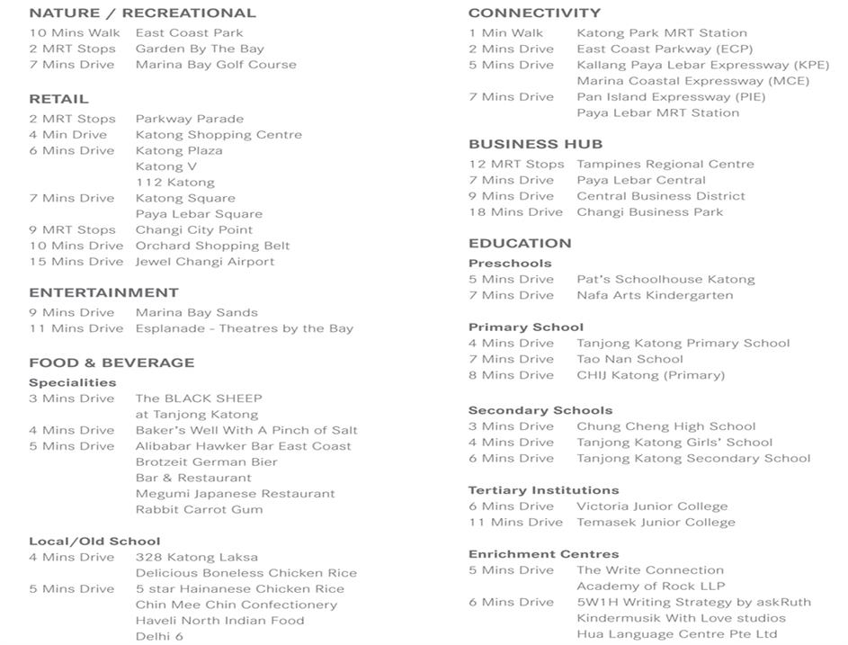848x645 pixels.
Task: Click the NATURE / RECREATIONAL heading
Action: click(142, 13)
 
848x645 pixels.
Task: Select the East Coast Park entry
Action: click(189, 33)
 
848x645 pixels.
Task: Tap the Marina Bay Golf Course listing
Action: click(216, 65)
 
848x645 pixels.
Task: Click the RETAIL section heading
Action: click(58, 99)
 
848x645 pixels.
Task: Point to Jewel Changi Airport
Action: click(205, 262)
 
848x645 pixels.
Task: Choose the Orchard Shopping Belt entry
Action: click(212, 246)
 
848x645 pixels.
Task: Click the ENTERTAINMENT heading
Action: click(103, 292)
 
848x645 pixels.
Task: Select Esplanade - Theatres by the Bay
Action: click(245, 328)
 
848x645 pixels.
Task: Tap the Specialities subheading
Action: click(73, 382)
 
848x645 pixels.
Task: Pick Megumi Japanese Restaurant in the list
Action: click(235, 494)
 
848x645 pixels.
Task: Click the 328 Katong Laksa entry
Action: click(196, 557)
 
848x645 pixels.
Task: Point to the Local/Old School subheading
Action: click(94, 542)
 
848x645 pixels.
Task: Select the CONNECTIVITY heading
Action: click(534, 13)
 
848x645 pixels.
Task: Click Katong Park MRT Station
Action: click(662, 33)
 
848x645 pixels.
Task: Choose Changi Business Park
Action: click(649, 212)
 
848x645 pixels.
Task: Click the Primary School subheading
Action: click(525, 327)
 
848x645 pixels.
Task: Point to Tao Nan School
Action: click(629, 359)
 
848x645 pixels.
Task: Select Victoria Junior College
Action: click(652, 506)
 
